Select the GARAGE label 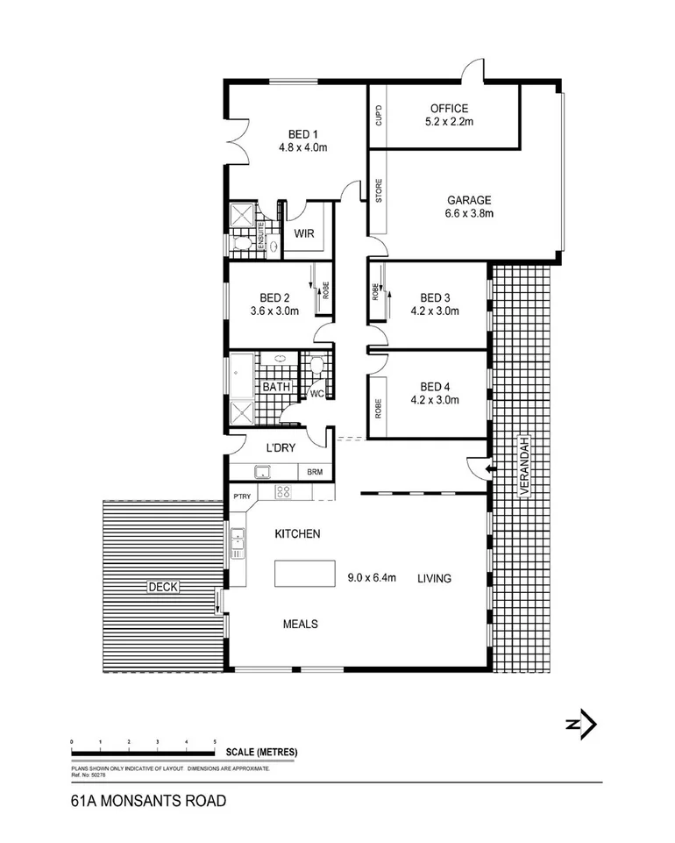(x=468, y=199)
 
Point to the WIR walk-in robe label (x=304, y=234)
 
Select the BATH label (x=276, y=387)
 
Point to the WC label (x=316, y=394)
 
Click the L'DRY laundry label (x=280, y=448)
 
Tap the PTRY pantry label (x=242, y=497)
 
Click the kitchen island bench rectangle (x=306, y=574)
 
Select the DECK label (x=162, y=587)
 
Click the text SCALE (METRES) (x=261, y=752)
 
